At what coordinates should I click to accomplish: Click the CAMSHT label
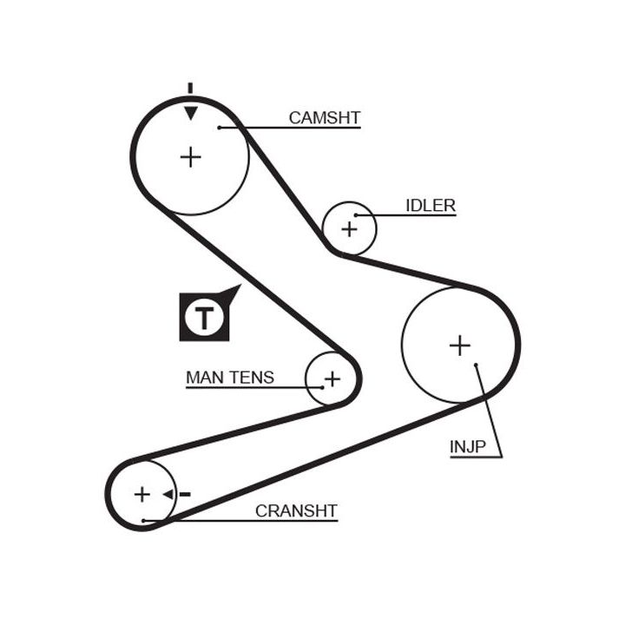click(x=324, y=117)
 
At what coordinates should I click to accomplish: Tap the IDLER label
click(x=430, y=206)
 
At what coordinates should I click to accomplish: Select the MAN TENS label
click(x=229, y=378)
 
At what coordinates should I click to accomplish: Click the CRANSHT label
click(x=295, y=511)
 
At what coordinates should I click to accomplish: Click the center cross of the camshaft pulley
click(x=190, y=156)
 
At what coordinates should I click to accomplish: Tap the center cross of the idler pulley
click(x=349, y=229)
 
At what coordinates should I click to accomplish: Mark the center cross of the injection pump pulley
click(x=459, y=345)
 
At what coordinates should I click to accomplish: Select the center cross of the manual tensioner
click(x=332, y=378)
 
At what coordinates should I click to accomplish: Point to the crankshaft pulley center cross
click(x=141, y=494)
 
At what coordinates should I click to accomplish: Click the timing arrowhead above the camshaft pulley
click(x=190, y=113)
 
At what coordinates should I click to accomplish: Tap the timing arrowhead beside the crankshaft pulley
click(x=168, y=494)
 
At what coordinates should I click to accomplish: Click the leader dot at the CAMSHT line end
click(x=220, y=128)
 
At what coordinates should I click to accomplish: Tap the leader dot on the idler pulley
click(x=357, y=215)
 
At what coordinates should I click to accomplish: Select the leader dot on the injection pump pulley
click(x=477, y=366)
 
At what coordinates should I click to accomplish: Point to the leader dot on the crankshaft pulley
click(x=144, y=520)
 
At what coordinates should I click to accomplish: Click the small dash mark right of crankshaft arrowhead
click(x=184, y=494)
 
